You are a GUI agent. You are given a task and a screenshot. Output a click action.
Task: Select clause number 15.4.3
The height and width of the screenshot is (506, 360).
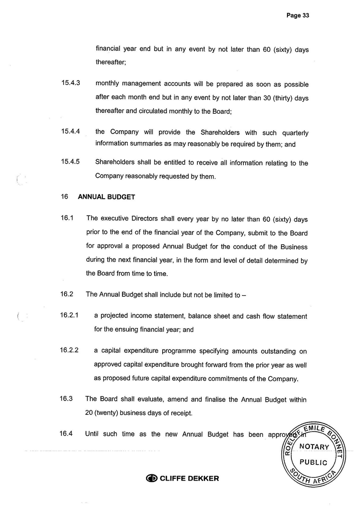[70, 83]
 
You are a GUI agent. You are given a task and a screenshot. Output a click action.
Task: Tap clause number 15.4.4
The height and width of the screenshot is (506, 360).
[70, 132]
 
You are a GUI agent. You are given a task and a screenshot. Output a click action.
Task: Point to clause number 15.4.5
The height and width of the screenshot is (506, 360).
[70, 162]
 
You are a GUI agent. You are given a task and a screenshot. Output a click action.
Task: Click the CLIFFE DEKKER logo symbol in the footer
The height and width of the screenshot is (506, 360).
[152, 478]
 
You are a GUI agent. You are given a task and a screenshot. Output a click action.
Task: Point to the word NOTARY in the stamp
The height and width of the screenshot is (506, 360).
[314, 447]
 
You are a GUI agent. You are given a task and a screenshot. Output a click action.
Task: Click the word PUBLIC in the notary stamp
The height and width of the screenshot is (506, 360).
[313, 463]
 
